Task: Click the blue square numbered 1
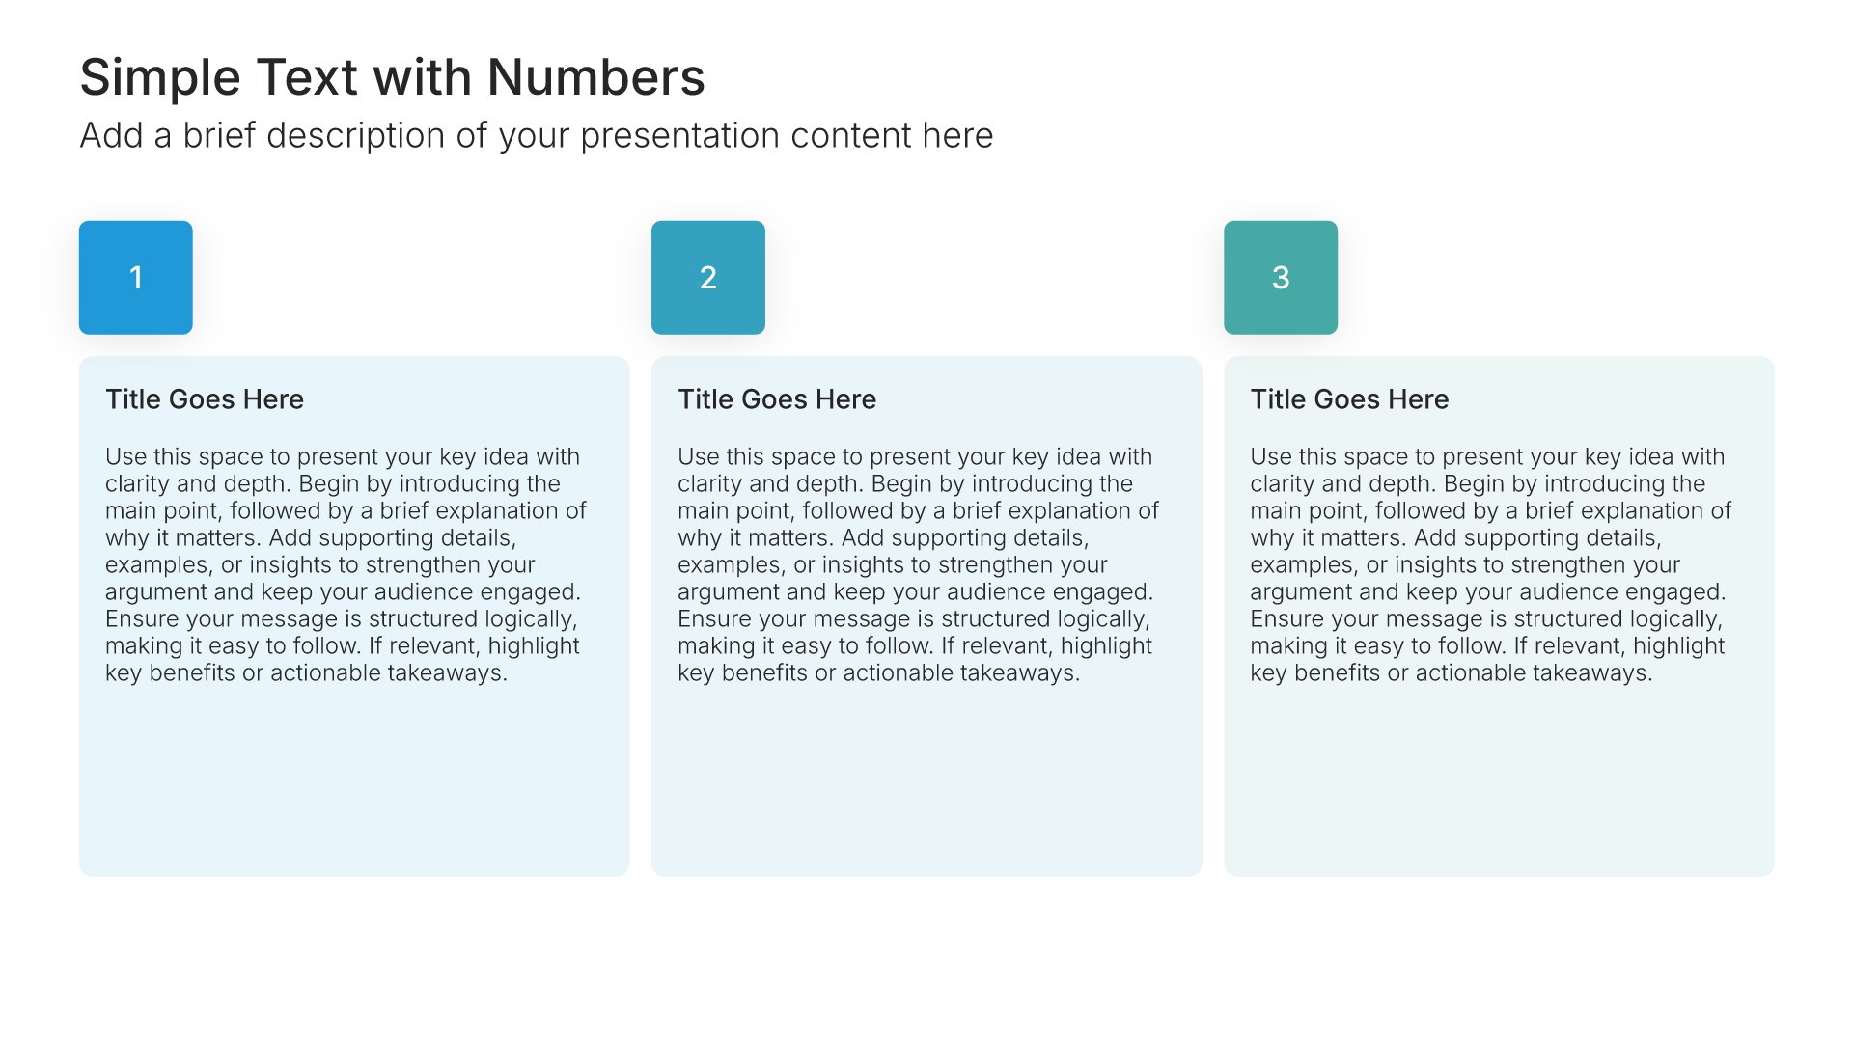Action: pos(136,278)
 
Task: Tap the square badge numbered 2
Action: pos(708,278)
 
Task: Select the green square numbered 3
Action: pos(1281,278)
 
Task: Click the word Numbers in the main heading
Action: pos(596,77)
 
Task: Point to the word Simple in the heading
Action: pos(160,79)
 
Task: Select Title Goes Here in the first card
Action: pos(205,399)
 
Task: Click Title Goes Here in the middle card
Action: pos(777,399)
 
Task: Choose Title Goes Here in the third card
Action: pos(1349,399)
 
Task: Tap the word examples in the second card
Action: pos(731,566)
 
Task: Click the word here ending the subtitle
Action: pos(957,136)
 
